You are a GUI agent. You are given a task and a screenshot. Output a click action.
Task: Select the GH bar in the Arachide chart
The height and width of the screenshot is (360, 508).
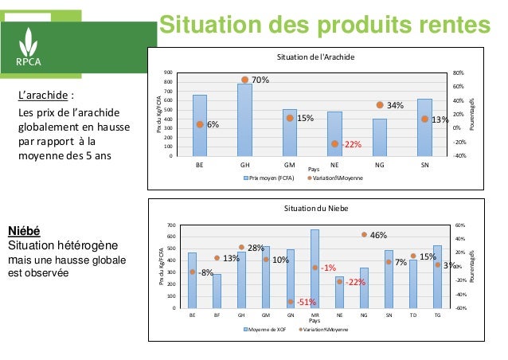244,119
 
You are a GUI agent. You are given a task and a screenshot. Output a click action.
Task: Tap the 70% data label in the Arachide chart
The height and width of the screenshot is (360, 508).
260,80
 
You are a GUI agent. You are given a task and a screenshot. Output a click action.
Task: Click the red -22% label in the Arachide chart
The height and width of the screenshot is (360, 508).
351,144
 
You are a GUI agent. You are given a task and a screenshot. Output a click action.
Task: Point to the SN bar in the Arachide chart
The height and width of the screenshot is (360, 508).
424,127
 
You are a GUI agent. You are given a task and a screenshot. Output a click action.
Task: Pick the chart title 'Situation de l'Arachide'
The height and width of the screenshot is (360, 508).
314,58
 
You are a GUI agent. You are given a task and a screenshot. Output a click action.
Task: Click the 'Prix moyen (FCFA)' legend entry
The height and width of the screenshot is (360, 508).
270,178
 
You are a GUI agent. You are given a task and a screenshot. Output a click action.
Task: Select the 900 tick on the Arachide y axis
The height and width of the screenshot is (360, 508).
169,72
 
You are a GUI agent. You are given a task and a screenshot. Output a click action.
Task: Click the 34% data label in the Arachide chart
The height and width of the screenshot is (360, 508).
396,105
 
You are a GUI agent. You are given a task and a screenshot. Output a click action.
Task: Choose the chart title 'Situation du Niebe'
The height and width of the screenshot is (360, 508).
314,209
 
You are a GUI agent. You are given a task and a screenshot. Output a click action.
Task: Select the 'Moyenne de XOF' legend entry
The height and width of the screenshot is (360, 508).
266,329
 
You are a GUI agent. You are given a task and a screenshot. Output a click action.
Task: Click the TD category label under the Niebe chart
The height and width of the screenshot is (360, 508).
412,315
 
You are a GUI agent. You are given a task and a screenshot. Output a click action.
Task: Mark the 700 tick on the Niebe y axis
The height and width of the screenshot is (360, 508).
170,225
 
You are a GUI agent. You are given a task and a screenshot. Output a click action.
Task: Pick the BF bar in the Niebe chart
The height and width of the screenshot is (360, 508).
217,291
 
